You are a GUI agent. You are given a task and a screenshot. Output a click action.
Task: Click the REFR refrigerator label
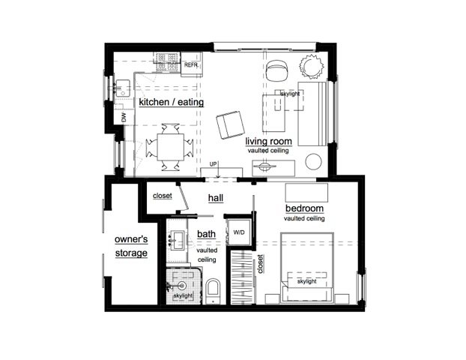[191, 64]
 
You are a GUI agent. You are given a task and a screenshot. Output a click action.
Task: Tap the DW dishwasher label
[124, 117]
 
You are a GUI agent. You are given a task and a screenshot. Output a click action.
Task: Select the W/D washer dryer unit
[239, 232]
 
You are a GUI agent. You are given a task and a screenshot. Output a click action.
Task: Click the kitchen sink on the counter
[122, 88]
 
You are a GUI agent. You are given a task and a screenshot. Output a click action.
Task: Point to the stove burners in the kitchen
[167, 61]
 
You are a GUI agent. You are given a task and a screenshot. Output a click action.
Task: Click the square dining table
[171, 147]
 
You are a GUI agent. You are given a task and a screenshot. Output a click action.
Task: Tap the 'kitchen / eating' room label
[172, 102]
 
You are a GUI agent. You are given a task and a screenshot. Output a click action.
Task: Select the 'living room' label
[269, 141]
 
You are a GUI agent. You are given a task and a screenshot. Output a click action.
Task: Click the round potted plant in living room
[311, 66]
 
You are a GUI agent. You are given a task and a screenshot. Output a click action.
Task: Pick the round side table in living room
[314, 161]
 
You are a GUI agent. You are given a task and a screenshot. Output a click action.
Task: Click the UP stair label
[213, 164]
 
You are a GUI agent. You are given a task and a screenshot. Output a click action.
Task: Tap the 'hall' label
[216, 198]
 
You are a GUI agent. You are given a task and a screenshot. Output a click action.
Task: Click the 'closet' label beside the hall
[163, 196]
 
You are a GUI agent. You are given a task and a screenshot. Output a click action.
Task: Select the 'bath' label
[206, 234]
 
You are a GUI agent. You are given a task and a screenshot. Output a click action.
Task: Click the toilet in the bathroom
[213, 292]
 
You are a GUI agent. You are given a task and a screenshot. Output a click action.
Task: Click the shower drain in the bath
[182, 286]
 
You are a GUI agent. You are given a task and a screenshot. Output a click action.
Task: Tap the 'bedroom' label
[304, 208]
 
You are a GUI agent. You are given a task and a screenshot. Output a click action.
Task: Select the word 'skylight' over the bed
[306, 281]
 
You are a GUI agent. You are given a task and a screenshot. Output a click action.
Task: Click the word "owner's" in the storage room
[131, 239]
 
